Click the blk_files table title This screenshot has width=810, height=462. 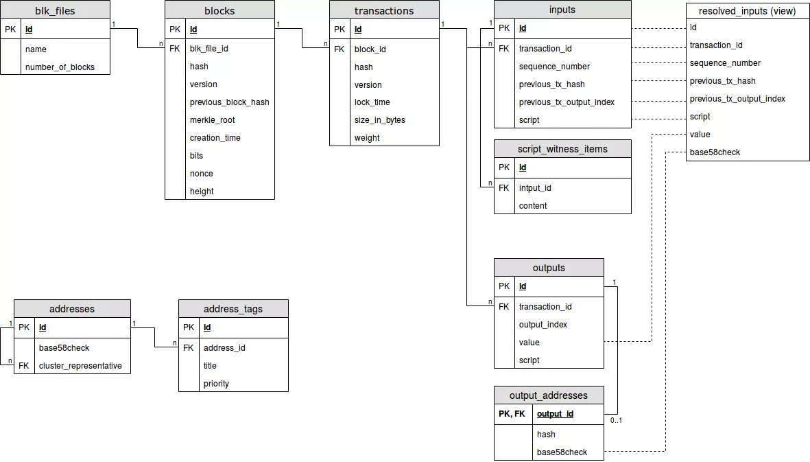coord(55,10)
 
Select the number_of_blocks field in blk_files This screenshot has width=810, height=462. coord(60,67)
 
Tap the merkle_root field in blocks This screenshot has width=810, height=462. coord(212,120)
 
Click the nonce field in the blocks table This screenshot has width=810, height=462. coord(201,174)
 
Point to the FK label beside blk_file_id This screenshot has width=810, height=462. coord(174,49)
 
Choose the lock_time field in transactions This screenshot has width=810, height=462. coord(372,102)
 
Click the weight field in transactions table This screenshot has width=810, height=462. coord(367,138)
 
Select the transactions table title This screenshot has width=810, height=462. coord(384,10)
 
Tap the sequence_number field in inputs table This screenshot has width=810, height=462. coord(554,67)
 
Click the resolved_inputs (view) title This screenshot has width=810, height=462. coord(747,11)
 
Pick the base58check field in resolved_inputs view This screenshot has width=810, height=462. coord(715,152)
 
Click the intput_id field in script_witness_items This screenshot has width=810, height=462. coord(535,188)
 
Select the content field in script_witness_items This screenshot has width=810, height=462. coord(533,206)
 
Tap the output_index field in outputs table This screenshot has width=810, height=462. coord(543,325)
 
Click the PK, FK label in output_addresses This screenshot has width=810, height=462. coord(512,414)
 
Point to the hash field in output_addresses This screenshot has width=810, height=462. coord(546,435)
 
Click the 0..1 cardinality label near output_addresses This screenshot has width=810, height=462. coord(616,420)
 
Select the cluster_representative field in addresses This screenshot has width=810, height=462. coord(80,366)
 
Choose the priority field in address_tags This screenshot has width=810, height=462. coord(216,384)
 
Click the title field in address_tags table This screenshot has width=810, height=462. coord(210,366)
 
